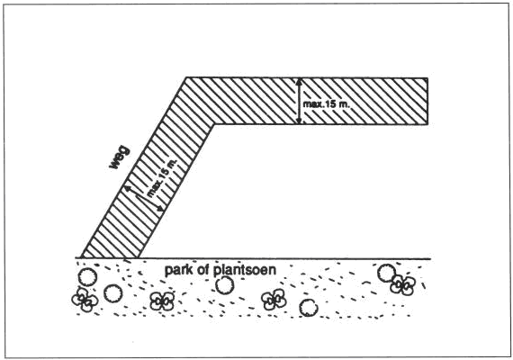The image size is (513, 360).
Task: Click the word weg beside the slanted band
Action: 120,158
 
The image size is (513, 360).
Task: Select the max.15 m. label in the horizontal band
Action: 327,104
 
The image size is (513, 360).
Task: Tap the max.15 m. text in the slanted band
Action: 162,177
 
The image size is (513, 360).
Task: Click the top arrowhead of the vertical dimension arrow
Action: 299,82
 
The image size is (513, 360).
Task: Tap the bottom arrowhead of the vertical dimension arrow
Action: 299,121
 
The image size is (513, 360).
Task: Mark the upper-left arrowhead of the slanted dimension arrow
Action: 127,189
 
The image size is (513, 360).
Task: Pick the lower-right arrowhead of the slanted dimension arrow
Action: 159,208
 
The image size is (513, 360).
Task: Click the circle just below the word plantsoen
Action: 225,284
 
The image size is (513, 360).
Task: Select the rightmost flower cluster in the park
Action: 402,284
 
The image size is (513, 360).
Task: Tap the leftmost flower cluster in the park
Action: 85,299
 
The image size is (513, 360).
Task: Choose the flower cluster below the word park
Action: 162,301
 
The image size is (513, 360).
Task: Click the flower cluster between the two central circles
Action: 274,299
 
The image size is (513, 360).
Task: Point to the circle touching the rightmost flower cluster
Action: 387,274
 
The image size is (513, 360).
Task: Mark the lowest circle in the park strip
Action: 308,308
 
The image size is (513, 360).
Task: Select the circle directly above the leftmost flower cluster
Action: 87,277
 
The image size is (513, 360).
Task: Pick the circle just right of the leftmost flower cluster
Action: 113,293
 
